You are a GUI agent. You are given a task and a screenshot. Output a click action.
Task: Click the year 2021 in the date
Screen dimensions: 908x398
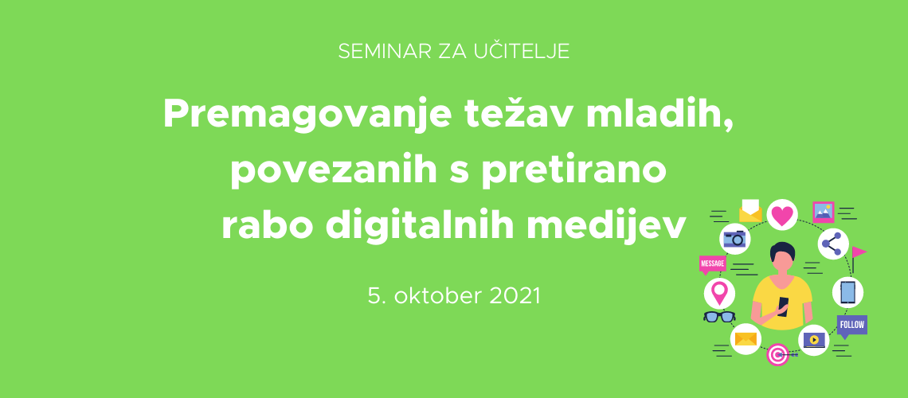(x=515, y=295)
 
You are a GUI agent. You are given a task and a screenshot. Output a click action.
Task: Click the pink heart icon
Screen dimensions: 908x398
(x=782, y=215)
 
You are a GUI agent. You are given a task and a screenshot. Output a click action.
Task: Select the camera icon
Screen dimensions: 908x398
(x=734, y=239)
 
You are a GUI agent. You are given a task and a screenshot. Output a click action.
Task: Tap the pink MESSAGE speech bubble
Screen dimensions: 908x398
(x=712, y=264)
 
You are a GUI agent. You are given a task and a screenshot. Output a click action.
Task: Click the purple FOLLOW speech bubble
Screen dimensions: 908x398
(x=851, y=326)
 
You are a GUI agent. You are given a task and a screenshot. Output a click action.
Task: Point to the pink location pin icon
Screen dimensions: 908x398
(x=719, y=293)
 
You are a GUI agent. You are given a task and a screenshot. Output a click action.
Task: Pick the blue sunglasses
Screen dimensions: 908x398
(x=719, y=317)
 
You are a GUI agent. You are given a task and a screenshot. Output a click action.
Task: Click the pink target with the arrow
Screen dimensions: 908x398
(x=777, y=354)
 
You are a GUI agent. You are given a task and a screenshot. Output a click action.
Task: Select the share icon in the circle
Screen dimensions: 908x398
(x=832, y=244)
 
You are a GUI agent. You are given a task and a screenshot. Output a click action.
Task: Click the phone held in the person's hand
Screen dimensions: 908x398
(x=783, y=304)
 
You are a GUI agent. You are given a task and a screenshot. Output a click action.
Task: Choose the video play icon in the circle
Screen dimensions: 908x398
(x=813, y=340)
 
